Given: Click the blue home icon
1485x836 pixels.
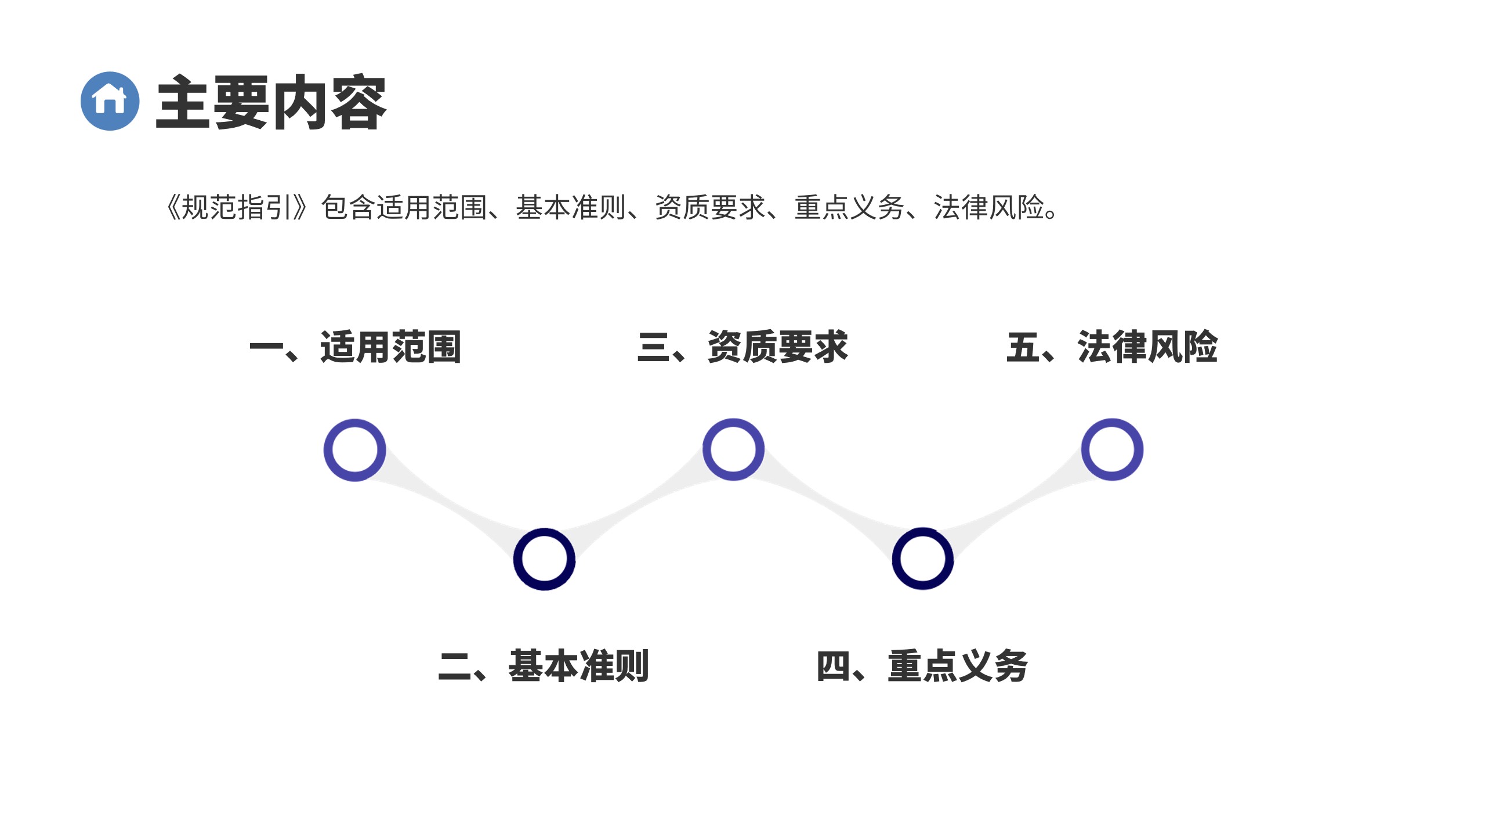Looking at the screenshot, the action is [110, 101].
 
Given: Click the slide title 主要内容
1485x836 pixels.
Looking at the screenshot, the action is [271, 102].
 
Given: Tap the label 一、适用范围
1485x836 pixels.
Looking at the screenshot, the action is [355, 347].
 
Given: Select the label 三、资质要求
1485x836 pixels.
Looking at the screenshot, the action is [742, 347].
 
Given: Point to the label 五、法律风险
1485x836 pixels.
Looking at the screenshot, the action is [1112, 347].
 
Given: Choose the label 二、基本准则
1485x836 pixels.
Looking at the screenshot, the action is [544, 665].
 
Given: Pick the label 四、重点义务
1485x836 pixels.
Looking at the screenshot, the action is [922, 665].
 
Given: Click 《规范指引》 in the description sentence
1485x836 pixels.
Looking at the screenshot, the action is [237, 207].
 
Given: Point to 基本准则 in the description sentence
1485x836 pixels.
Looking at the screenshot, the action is [571, 207].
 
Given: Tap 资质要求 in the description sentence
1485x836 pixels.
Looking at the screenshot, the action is [710, 207].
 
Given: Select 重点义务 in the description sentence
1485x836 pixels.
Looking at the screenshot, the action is [849, 207].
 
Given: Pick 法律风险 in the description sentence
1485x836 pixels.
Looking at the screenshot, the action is [988, 207].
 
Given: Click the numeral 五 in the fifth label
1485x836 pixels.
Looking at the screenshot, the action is [1023, 347].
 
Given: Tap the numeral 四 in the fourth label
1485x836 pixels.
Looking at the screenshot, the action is [834, 665].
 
